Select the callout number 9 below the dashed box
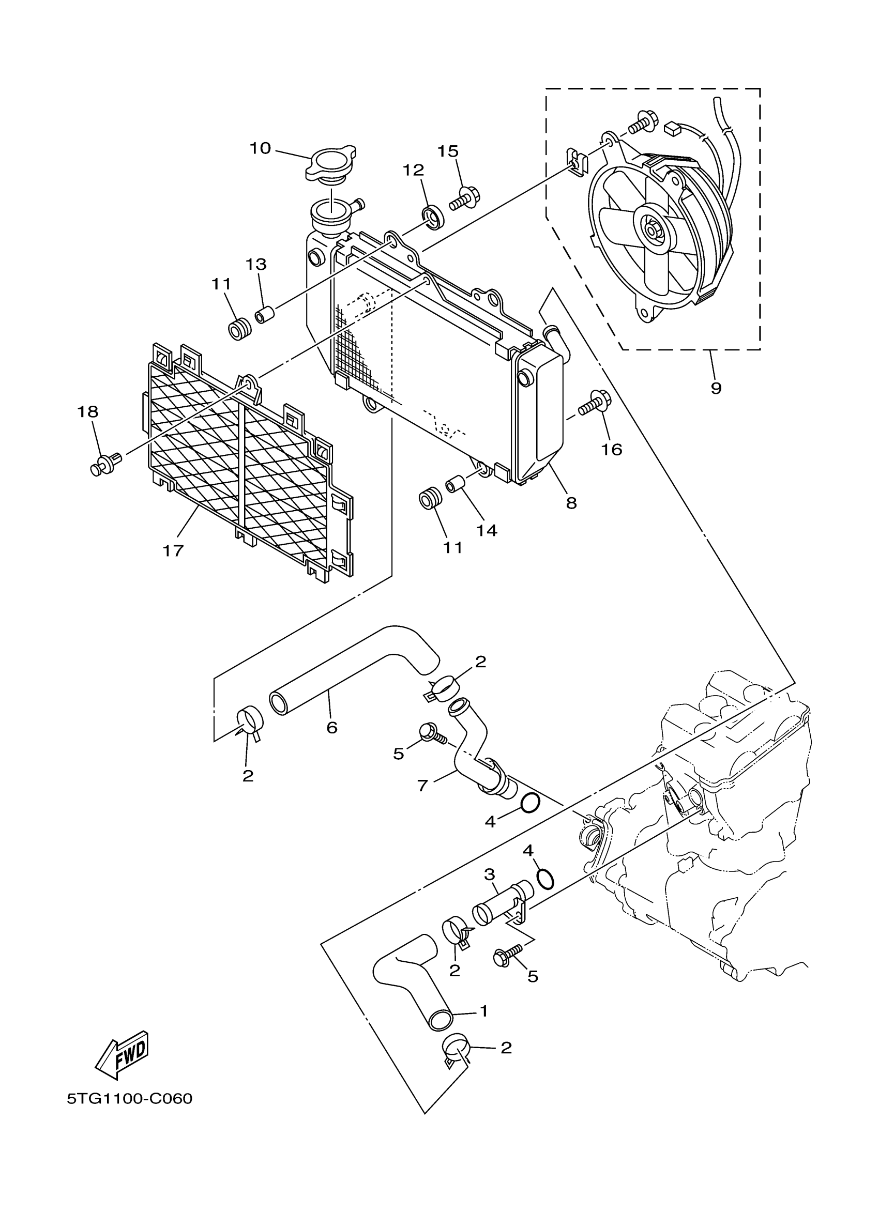click(716, 388)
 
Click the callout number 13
click(256, 264)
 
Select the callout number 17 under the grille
click(173, 550)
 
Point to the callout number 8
click(571, 503)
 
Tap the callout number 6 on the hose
click(332, 727)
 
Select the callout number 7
click(422, 786)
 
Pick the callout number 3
click(490, 874)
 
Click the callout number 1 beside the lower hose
click(483, 1011)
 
